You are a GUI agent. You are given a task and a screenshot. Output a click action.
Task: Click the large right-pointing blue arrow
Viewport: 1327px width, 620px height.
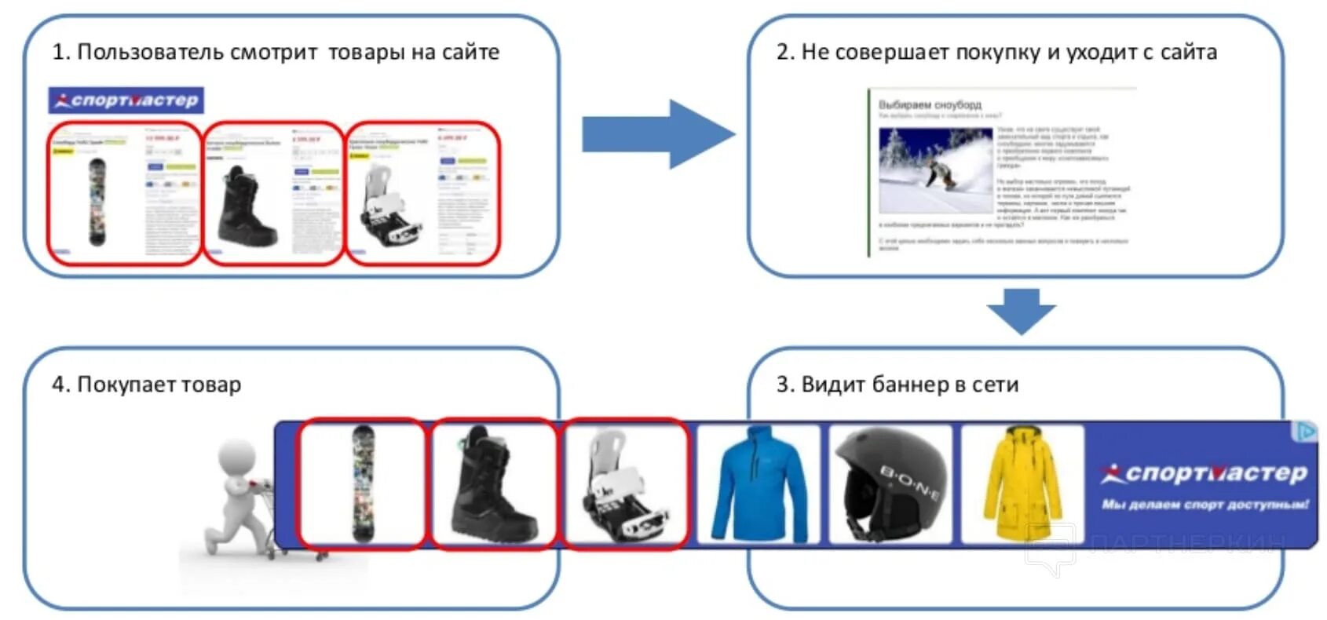pos(656,134)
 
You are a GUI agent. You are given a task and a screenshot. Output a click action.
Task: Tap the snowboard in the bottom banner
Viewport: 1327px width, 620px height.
pos(363,483)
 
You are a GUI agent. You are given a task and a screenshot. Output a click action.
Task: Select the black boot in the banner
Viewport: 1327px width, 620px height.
pos(492,483)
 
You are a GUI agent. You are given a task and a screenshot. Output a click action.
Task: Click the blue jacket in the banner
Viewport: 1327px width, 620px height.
pos(758,484)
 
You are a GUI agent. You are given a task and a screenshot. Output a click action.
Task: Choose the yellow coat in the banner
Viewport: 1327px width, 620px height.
pos(1022,484)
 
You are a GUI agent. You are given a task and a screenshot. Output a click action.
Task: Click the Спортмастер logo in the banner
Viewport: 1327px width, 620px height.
pos(1205,472)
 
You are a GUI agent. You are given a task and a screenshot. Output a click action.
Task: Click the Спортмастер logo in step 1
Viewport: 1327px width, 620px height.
pos(126,100)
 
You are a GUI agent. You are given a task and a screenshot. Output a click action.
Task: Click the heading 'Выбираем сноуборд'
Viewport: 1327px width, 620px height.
pos(930,104)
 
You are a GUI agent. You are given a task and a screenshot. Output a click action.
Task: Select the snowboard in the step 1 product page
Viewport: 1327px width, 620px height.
pos(97,201)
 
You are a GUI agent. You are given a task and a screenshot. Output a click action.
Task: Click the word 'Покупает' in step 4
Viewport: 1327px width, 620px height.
pos(126,385)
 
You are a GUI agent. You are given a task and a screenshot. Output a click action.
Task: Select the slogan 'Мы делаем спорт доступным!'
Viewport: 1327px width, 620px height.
pos(1205,505)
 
